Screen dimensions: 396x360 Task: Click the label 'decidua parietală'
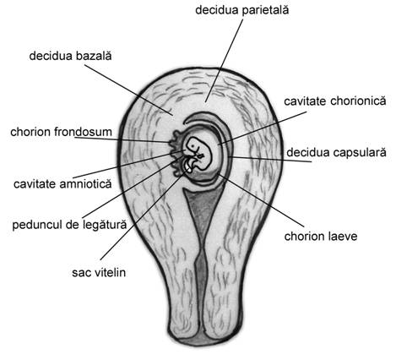[242, 10]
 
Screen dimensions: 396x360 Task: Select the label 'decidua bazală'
[70, 56]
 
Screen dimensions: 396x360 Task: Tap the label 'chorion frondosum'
[61, 132]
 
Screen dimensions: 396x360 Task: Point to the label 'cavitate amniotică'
[62, 184]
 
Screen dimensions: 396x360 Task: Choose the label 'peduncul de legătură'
[69, 225]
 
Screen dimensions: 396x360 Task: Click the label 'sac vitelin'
[99, 272]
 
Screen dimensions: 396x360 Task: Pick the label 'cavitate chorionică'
[335, 101]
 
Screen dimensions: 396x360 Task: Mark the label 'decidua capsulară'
[336, 152]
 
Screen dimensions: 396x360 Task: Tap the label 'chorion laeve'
[321, 236]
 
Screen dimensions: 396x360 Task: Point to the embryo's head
[194, 145]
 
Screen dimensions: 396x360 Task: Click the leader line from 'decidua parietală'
[224, 61]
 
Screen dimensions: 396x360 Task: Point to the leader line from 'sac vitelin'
[144, 214]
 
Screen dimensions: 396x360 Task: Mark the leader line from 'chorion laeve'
[262, 200]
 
